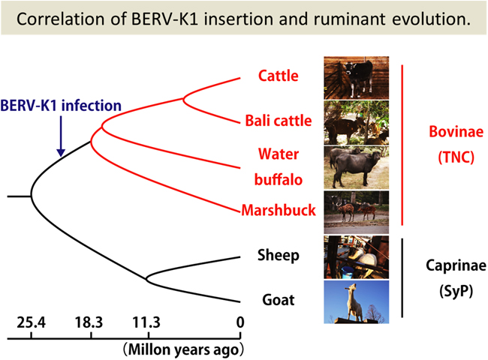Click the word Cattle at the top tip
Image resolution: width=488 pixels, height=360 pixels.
click(x=279, y=76)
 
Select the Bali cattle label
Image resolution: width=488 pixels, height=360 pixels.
click(x=279, y=120)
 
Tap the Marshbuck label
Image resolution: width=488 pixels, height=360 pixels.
click(x=279, y=210)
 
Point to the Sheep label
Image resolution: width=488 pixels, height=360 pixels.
click(x=279, y=255)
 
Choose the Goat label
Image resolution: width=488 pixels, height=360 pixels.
click(x=279, y=300)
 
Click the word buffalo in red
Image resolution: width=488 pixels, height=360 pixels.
click(x=279, y=180)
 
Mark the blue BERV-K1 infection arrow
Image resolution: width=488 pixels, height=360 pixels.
click(x=61, y=136)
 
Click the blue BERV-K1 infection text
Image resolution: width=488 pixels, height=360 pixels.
click(x=61, y=106)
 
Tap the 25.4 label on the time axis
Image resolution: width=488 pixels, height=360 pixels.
click(x=31, y=322)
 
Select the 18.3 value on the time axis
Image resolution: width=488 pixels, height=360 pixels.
click(x=89, y=322)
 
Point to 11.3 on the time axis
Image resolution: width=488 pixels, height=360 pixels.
click(x=146, y=322)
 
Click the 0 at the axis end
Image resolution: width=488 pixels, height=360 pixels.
click(x=240, y=322)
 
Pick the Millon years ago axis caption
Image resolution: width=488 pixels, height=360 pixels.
click(x=183, y=349)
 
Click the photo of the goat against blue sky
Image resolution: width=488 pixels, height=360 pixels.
click(x=357, y=301)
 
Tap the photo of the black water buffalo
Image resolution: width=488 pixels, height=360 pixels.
click(x=357, y=167)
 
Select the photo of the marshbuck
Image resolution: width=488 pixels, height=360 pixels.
click(x=357, y=212)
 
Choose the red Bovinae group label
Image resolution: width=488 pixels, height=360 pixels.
click(x=456, y=131)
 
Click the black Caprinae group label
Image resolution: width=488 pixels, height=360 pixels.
click(x=456, y=265)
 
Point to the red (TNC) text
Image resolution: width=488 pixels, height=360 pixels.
click(x=456, y=157)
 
